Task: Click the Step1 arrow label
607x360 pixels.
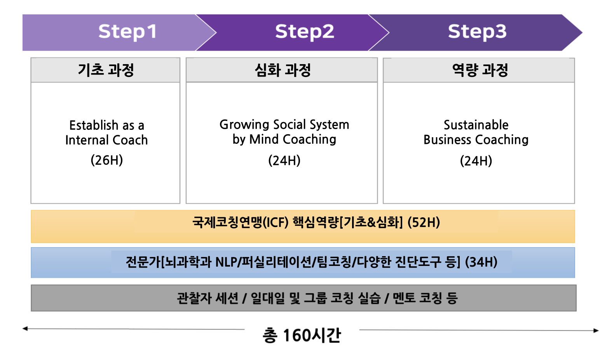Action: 127,31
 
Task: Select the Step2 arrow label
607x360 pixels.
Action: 304,31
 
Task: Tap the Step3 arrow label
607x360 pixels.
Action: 477,31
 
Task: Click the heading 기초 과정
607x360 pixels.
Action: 106,70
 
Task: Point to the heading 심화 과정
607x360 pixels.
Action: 283,70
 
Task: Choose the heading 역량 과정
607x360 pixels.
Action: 480,70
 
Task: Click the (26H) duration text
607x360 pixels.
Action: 106,160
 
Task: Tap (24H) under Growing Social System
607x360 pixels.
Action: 284,161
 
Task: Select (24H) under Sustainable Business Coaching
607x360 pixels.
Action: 476,161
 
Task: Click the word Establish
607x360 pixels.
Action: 94,125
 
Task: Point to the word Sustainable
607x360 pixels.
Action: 476,125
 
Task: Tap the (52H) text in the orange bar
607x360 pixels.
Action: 424,222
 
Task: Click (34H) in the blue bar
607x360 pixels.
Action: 481,262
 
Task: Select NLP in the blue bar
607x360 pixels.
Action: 226,262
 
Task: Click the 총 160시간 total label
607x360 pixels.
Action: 302,335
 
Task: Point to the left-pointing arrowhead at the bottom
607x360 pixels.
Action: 25,329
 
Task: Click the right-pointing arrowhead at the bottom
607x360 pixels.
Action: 596,330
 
